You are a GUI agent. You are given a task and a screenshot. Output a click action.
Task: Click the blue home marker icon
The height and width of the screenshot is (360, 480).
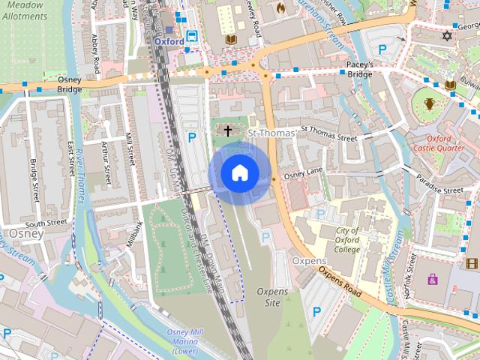(239, 172)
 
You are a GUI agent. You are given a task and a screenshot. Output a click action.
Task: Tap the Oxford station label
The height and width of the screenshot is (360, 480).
(169, 42)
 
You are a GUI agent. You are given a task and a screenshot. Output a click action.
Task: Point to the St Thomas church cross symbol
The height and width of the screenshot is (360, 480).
(228, 131)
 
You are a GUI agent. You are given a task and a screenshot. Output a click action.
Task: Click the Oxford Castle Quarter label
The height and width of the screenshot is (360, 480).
(438, 143)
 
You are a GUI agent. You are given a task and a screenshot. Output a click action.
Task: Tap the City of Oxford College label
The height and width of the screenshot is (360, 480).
(347, 240)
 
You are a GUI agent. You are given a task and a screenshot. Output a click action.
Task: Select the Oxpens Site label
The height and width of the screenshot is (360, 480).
(268, 297)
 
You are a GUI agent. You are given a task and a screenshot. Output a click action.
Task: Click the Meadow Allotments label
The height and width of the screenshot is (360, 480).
(22, 10)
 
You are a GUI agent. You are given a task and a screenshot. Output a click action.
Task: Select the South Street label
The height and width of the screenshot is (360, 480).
(46, 223)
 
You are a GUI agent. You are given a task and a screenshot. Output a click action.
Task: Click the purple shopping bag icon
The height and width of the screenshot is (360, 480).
(433, 280)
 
